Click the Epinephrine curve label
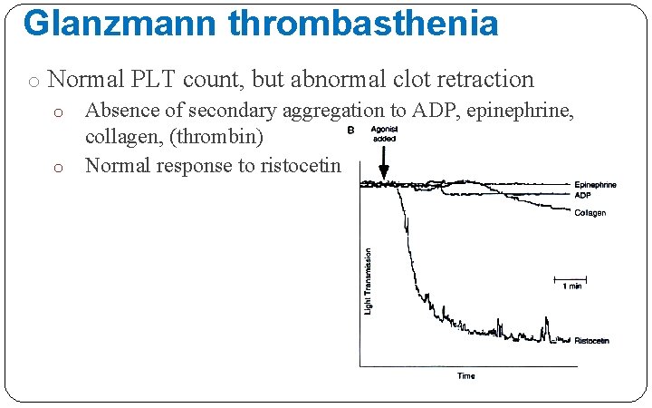tap(595, 185)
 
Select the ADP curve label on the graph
tap(582, 194)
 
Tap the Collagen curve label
tap(590, 212)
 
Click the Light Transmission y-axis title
tap(368, 282)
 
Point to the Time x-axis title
tap(465, 375)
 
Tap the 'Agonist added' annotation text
tap(384, 134)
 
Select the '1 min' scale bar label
tap(570, 286)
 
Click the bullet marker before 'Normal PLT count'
tap(33, 82)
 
